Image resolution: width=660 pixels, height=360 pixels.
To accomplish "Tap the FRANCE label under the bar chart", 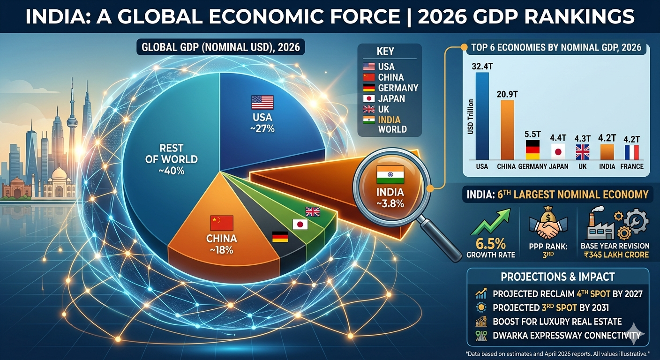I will click(632, 166).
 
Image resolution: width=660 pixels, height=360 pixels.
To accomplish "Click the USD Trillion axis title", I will click(470, 117).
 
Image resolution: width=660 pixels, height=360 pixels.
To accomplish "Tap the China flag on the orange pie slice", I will click(222, 223).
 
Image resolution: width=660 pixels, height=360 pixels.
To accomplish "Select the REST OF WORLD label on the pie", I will click(171, 159).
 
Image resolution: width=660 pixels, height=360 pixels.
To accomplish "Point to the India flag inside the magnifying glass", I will click(390, 174).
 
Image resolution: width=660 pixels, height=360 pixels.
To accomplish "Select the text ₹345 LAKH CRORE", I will click(615, 255).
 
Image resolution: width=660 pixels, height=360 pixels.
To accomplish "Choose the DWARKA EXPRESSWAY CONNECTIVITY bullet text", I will click(566, 335).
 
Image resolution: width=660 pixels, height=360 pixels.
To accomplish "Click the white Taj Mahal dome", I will click(60, 174).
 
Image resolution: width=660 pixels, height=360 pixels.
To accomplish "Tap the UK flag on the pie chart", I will click(312, 211).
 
